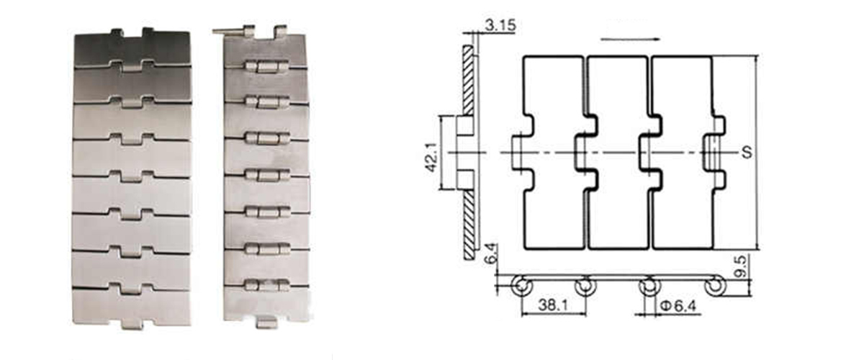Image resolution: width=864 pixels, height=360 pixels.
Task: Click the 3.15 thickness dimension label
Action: click(500, 27)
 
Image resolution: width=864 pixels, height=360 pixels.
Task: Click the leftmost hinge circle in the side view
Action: click(519, 287)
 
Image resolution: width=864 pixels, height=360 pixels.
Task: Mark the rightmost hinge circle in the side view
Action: click(714, 287)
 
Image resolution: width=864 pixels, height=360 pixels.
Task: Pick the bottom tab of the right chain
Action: click(266, 322)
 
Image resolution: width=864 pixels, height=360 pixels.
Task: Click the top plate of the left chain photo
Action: click(131, 49)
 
